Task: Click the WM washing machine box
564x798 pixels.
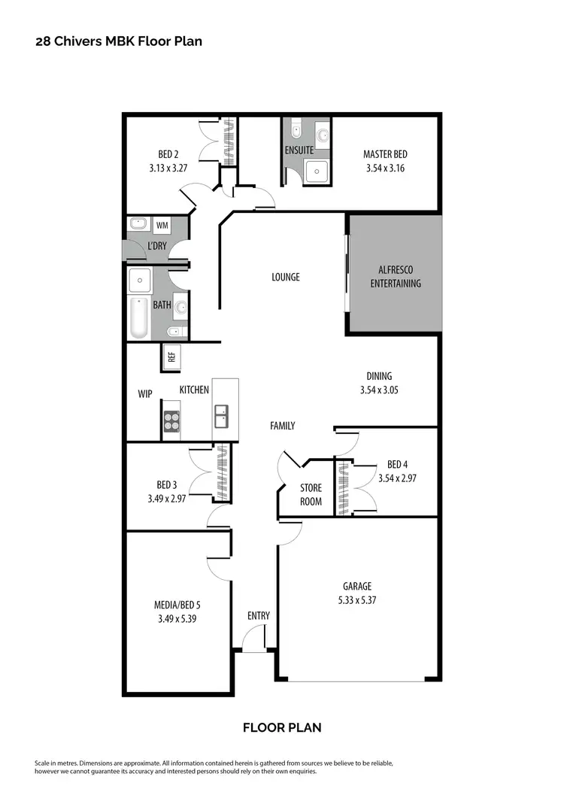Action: (162, 224)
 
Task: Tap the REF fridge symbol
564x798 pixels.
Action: (171, 357)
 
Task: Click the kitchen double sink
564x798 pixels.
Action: (222, 414)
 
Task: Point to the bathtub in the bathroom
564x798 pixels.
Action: (138, 318)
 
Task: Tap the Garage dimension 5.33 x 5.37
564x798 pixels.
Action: (357, 600)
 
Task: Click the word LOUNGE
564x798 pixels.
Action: (286, 277)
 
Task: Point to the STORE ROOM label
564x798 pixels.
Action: (311, 495)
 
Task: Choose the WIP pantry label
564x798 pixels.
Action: (145, 393)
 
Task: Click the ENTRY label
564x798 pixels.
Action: (258, 616)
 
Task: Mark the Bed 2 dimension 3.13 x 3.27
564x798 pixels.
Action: (168, 168)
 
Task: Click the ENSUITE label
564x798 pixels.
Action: (299, 150)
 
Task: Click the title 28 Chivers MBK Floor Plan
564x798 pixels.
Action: (119, 41)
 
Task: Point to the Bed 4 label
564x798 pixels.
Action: (397, 464)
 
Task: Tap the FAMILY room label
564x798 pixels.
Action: (282, 426)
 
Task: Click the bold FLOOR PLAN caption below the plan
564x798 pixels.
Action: (282, 727)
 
